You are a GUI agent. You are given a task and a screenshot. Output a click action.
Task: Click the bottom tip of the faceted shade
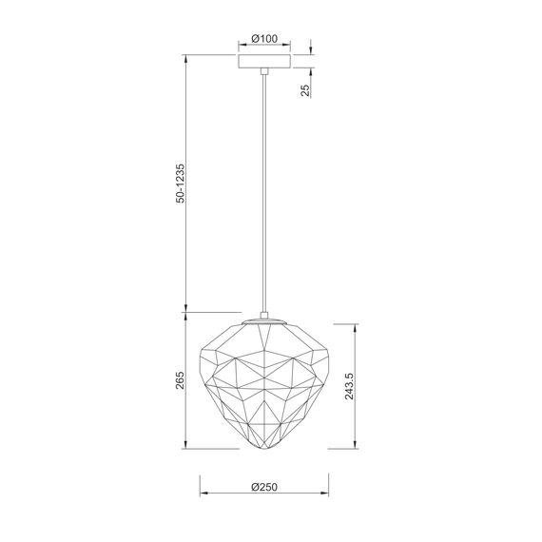click(x=263, y=448)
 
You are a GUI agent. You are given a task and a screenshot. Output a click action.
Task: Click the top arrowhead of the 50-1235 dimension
click(x=184, y=58)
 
